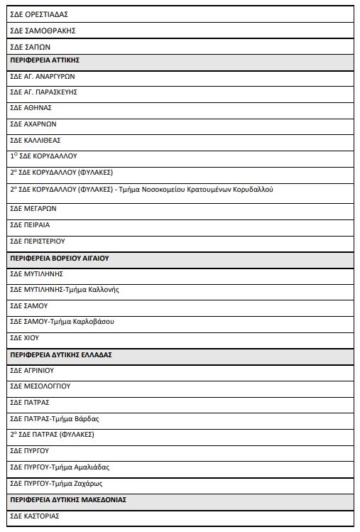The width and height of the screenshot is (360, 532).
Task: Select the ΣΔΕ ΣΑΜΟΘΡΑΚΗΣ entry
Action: pyautogui.click(x=43, y=31)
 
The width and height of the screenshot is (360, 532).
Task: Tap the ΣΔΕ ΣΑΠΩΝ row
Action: pyautogui.click(x=30, y=47)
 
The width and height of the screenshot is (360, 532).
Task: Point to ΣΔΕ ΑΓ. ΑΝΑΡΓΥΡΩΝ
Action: pyautogui.click(x=43, y=76)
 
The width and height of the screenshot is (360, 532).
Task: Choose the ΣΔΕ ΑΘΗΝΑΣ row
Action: pyautogui.click(x=31, y=108)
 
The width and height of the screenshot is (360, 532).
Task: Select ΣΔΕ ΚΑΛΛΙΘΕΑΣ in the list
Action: pyautogui.click(x=35, y=140)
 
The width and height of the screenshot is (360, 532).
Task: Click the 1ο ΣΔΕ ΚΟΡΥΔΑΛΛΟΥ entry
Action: pyautogui.click(x=43, y=156)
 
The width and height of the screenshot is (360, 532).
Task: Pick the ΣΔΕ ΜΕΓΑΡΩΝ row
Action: pyautogui.click(x=33, y=209)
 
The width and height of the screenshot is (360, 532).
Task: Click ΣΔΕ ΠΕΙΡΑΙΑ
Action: pyautogui.click(x=30, y=225)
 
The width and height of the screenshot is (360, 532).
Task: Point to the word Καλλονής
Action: pyautogui.click(x=104, y=289)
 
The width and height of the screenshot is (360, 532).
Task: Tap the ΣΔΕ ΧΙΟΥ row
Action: pyautogui.click(x=24, y=338)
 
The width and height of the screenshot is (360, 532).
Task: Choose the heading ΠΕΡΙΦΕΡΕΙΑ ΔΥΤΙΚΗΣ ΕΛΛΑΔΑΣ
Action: pyautogui.click(x=61, y=354)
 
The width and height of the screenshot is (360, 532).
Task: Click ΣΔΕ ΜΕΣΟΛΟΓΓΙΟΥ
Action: pyautogui.click(x=40, y=386)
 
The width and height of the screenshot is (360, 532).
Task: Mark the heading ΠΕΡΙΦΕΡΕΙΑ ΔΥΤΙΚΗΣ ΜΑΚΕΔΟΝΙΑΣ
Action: pyautogui.click(x=68, y=500)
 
